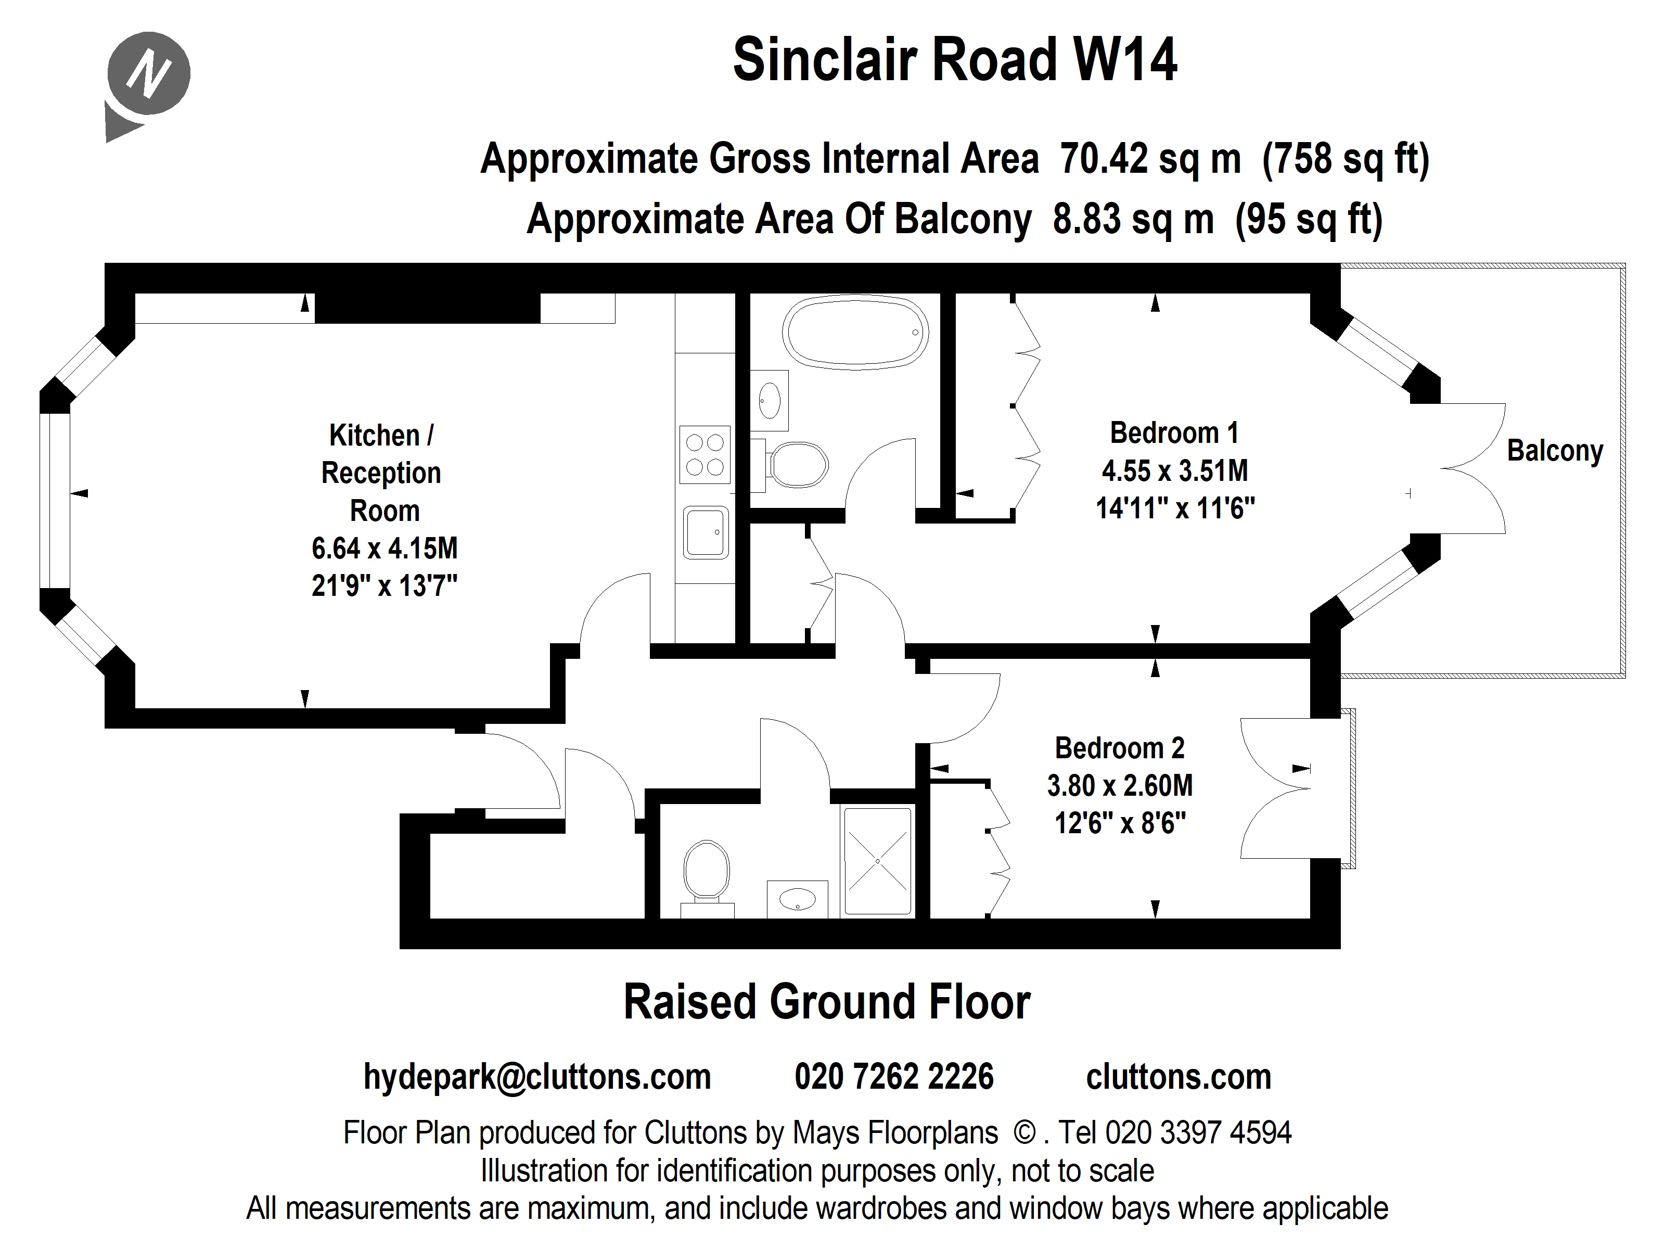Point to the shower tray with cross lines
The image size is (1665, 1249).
[878, 861]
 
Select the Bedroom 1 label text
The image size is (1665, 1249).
[1173, 433]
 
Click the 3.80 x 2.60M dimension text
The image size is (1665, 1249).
[1119, 786]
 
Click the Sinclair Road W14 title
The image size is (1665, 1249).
[954, 60]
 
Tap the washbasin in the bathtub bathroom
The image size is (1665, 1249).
[769, 400]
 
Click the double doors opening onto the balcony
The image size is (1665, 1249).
[1464, 468]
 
